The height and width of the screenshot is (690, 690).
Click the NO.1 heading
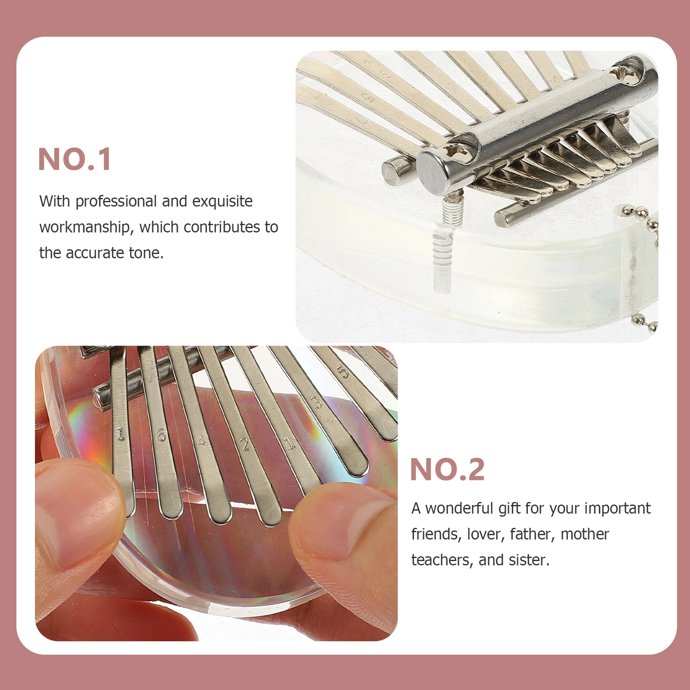pos(75,159)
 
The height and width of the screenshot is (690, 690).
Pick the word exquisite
pos(222,201)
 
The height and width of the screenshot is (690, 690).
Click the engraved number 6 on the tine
pos(161,435)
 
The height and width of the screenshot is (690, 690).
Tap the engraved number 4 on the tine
pos(201,441)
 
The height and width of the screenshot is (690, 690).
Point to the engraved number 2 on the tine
pos(245,445)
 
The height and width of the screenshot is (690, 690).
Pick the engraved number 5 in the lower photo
pos(343,372)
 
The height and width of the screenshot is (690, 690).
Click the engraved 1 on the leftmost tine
pos(121,432)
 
